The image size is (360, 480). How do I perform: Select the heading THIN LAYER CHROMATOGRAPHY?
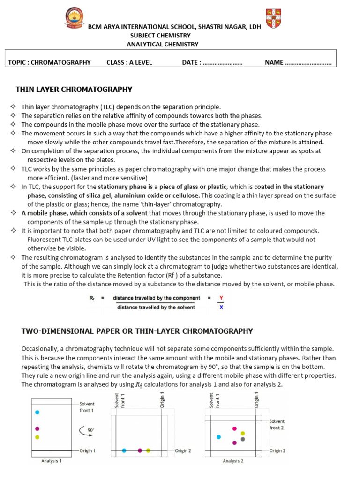tap(74, 90)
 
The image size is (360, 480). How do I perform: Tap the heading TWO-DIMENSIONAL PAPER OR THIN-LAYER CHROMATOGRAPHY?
tap(137, 331)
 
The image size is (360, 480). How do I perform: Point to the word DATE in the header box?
tap(191, 62)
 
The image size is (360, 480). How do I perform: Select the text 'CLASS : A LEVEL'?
tap(129, 62)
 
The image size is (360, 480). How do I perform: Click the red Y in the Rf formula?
tap(221, 298)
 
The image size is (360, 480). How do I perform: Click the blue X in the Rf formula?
tap(221, 307)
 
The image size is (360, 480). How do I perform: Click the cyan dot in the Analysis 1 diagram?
tap(37, 412)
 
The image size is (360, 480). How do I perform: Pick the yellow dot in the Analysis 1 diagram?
tap(37, 437)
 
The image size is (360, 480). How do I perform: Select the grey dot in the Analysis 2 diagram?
tap(243, 439)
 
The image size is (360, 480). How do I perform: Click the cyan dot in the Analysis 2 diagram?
tap(218, 437)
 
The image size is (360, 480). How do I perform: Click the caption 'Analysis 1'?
tap(52, 461)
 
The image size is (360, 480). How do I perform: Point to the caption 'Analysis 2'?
tap(233, 461)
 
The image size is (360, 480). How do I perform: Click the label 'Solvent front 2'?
tap(277, 424)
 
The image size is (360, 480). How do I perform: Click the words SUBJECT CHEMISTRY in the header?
tap(160, 36)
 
